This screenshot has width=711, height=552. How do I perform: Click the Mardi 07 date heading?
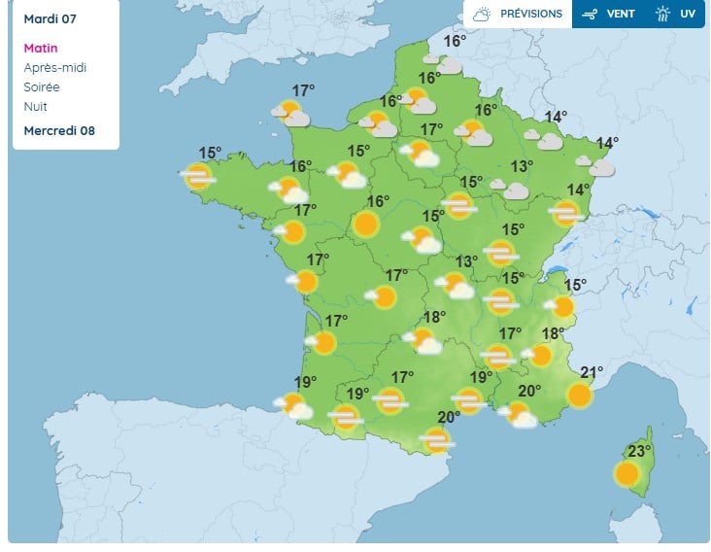tap(50, 19)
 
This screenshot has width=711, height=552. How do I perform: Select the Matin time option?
tap(41, 48)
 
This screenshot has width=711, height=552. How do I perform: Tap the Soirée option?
tap(41, 87)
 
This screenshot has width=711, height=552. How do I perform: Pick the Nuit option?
tap(35, 107)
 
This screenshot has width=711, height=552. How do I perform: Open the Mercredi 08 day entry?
tap(59, 131)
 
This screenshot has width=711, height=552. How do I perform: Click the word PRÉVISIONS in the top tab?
tap(530, 14)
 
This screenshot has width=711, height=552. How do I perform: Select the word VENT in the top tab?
tap(621, 14)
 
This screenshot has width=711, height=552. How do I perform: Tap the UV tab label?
tap(688, 14)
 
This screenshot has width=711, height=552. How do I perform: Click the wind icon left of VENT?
tap(590, 14)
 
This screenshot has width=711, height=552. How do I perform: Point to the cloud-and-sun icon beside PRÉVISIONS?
tap(482, 14)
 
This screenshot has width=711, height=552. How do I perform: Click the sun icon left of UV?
tap(662, 14)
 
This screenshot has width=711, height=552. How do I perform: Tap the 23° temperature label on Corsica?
tap(639, 451)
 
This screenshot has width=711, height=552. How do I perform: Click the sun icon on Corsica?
tap(626, 474)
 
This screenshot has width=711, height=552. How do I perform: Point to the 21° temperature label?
tap(592, 372)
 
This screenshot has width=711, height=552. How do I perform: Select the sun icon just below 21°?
tap(579, 395)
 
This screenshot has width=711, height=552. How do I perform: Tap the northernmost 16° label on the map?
tap(455, 41)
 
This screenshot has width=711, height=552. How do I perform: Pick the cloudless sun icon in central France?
tap(365, 225)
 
